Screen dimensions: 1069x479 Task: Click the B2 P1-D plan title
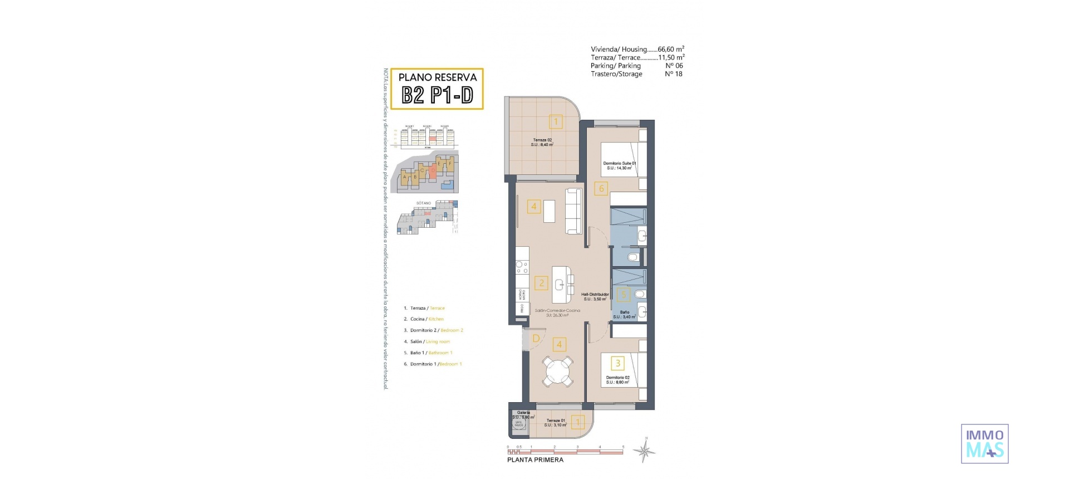click(437, 95)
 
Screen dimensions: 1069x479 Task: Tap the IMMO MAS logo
click(984, 443)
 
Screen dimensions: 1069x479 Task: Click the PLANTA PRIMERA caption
click(535, 460)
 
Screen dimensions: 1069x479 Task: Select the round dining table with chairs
click(558, 372)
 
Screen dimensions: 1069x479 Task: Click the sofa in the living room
click(573, 211)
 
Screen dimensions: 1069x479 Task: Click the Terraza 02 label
click(542, 142)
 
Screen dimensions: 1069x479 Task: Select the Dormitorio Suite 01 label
click(619, 165)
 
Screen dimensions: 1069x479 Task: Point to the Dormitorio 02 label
click(617, 380)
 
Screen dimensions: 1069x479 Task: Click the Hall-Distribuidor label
click(595, 296)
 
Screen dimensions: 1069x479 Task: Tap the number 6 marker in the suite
click(601, 188)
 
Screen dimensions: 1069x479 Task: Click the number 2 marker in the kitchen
click(541, 283)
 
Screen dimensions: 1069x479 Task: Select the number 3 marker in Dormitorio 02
click(617, 363)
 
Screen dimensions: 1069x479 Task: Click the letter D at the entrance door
click(536, 339)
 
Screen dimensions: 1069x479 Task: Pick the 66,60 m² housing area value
click(671, 49)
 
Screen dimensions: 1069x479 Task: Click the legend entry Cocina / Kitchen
click(427, 319)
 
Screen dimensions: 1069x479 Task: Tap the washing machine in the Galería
click(519, 424)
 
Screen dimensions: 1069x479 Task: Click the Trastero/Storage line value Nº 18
click(673, 74)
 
